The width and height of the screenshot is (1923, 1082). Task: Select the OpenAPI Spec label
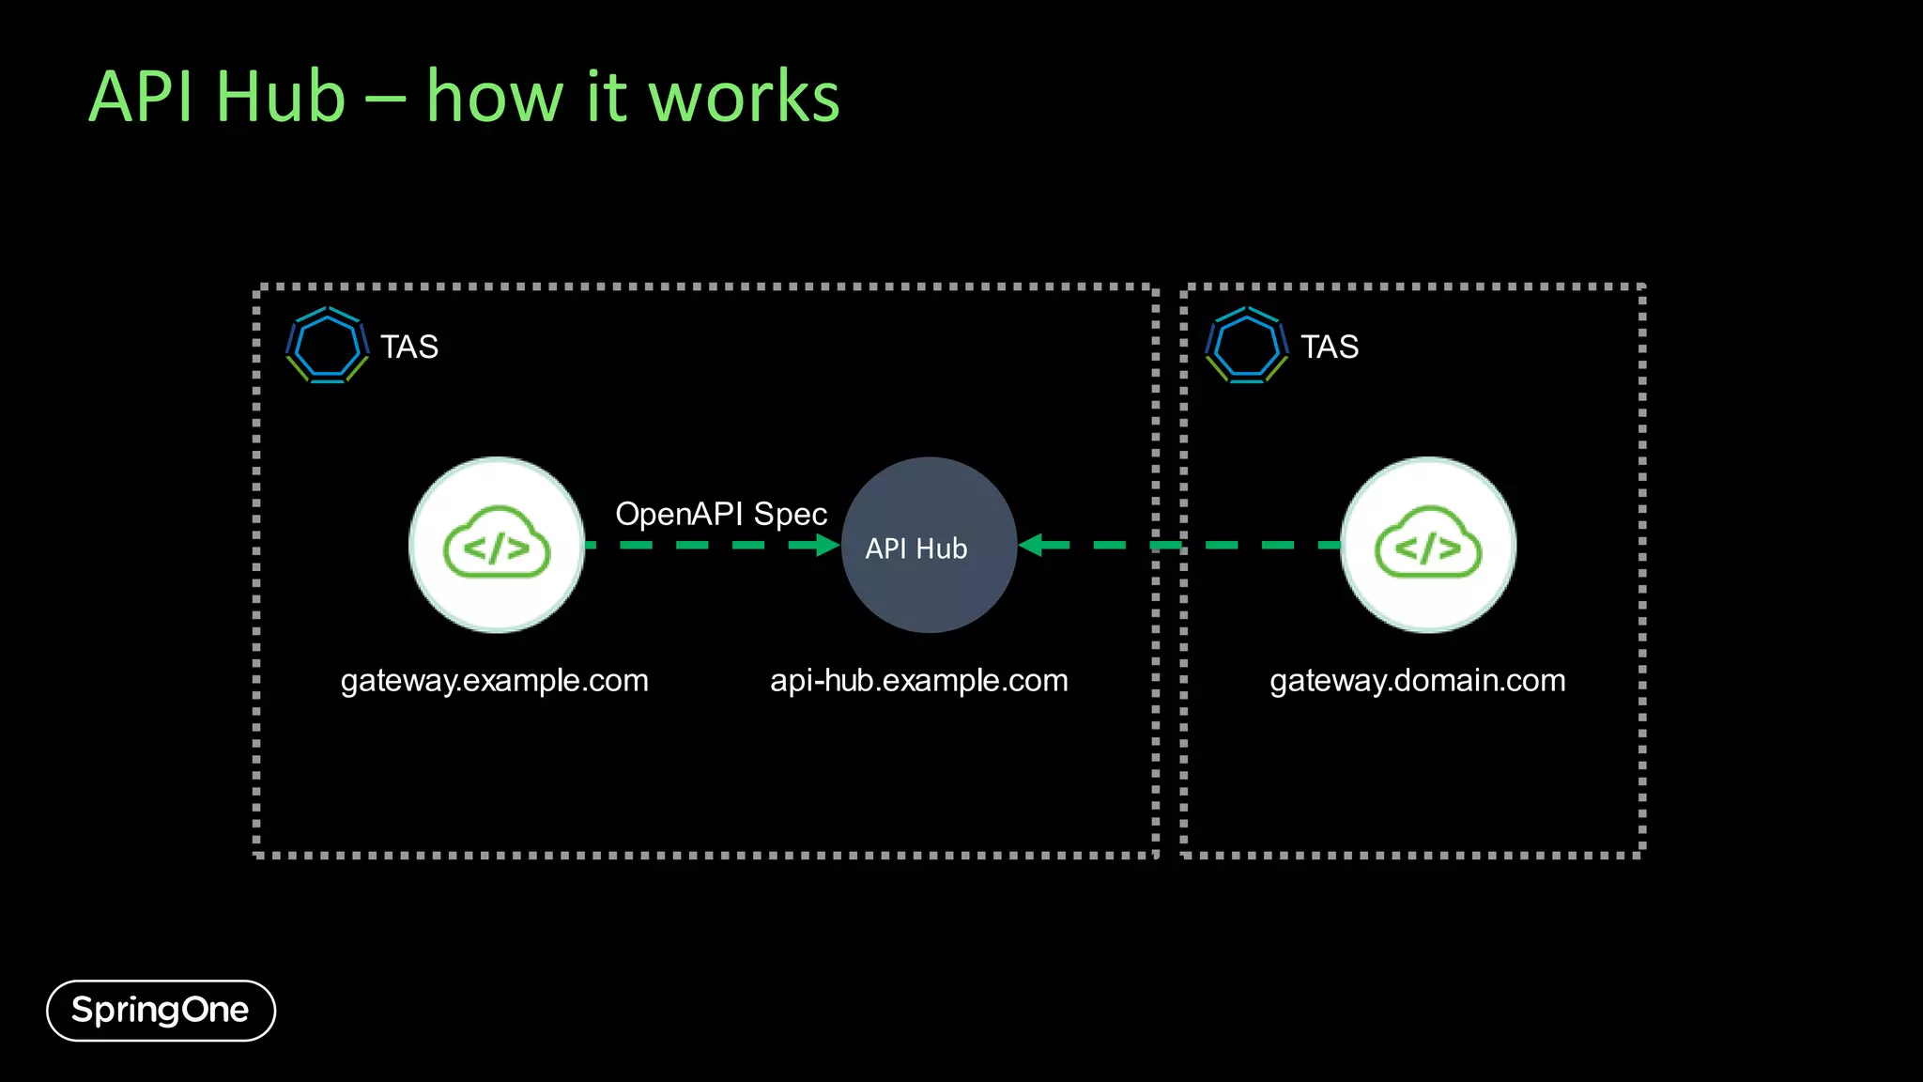[720, 515]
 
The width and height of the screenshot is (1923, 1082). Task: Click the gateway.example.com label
[494, 680]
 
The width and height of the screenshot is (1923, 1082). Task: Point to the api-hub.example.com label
[918, 680]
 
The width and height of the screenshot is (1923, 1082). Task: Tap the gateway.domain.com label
[1417, 680]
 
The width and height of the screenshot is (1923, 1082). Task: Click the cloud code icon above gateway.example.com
[497, 545]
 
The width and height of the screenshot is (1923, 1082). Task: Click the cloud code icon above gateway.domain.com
[1427, 545]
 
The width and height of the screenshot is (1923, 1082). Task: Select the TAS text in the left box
[409, 347]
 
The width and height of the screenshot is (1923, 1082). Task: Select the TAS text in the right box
[1329, 347]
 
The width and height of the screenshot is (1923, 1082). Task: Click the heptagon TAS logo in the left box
[327, 346]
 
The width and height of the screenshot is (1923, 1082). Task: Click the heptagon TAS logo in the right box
[1246, 346]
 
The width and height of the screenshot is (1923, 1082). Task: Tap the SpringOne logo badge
[161, 1011]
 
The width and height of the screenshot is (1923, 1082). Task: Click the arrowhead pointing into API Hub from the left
[826, 545]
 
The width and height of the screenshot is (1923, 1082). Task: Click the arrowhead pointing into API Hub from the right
[1031, 545]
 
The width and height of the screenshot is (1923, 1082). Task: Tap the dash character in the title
[385, 98]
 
